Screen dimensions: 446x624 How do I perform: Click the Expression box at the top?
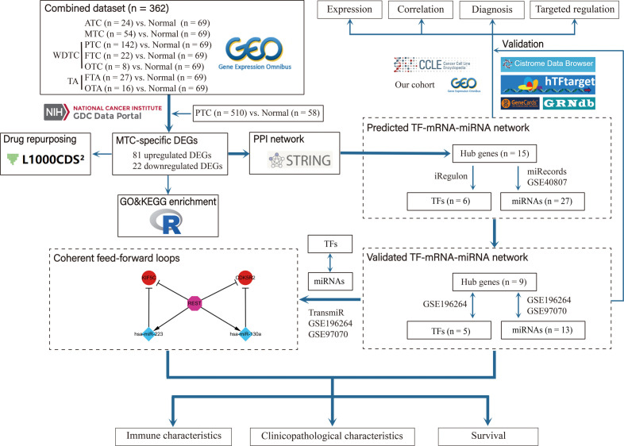pyautogui.click(x=350, y=10)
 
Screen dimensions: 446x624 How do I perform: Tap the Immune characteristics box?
pyautogui.click(x=172, y=434)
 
